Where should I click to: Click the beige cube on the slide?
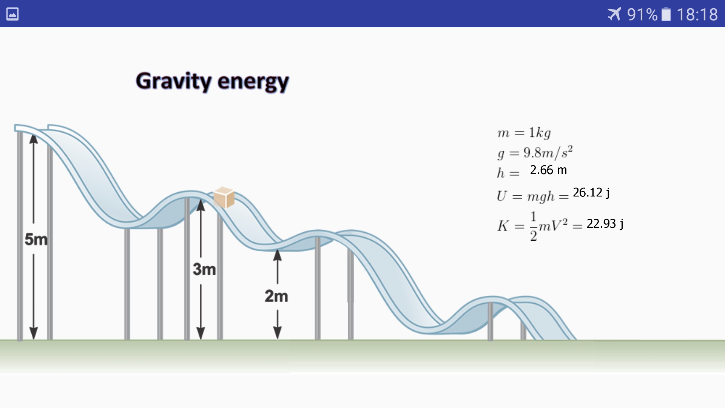pos(224,197)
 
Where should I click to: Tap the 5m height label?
pos(36,239)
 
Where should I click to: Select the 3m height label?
pos(204,269)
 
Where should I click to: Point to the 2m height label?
pos(276,296)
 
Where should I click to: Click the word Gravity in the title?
pos(174,82)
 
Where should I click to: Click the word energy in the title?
pos(253,82)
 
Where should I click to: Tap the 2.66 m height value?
pos(548,170)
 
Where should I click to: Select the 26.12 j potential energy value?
pos(591,193)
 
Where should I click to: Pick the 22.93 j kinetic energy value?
pos(605,224)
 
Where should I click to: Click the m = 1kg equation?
pos(524,133)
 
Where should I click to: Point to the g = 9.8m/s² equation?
pos(535,152)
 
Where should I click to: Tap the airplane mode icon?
pos(614,14)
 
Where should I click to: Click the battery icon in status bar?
pos(666,14)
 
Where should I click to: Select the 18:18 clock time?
pos(697,15)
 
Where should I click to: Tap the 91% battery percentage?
pos(642,15)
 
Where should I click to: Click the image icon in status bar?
pos(12,14)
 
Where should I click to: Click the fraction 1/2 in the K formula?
pos(533,226)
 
